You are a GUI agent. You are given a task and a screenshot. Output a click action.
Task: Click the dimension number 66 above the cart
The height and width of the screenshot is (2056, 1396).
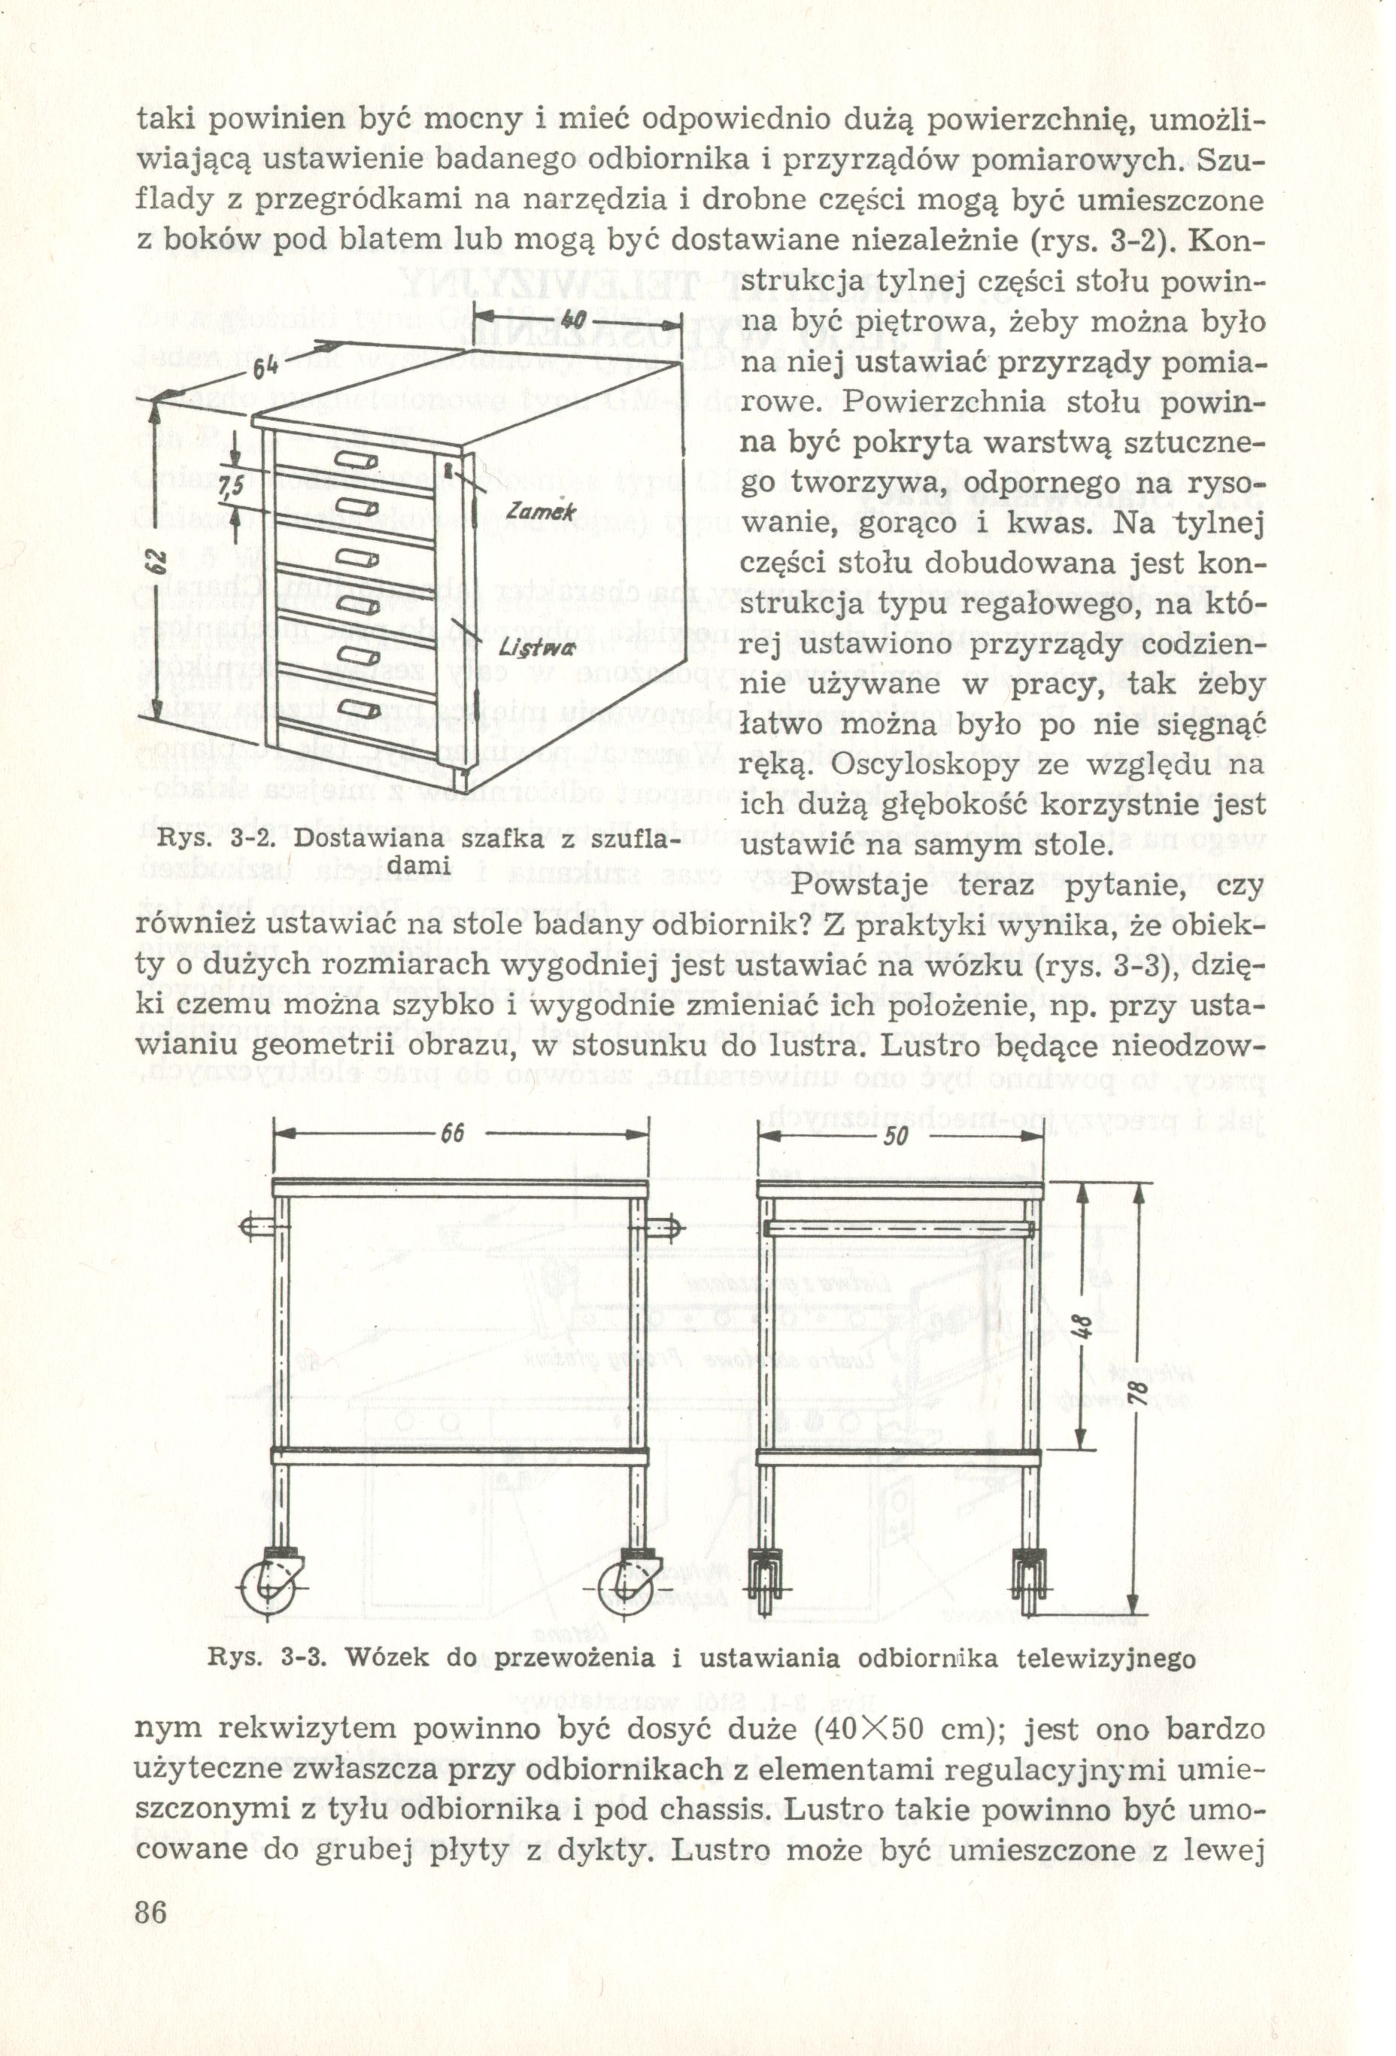click(452, 1135)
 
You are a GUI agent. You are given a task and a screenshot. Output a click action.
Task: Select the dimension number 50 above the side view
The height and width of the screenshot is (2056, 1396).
click(896, 1136)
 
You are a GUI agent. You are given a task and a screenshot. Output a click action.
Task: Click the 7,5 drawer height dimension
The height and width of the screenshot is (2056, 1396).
click(231, 487)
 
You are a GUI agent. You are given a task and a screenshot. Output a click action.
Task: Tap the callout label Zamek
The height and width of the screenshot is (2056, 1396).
click(542, 511)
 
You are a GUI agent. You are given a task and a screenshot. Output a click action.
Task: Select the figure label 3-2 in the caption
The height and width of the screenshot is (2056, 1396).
click(252, 840)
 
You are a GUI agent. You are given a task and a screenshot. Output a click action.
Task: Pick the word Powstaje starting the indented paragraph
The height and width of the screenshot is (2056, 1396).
click(863, 886)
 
